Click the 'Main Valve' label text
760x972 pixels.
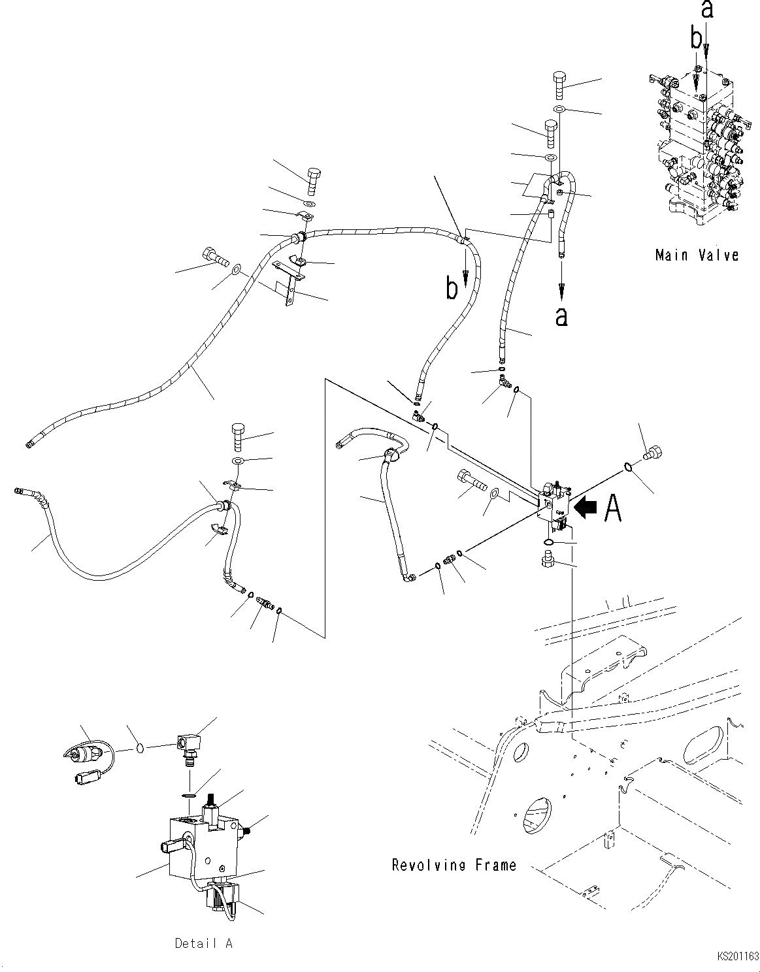(697, 255)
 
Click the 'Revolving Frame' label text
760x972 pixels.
(454, 865)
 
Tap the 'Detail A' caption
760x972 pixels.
(203, 943)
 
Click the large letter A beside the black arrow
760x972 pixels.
(612, 508)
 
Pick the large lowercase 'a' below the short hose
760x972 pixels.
(561, 316)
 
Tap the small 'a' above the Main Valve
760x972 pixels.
(706, 9)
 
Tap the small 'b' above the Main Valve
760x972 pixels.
(697, 39)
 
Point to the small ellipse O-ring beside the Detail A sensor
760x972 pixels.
(139, 746)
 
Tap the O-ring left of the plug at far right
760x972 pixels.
(626, 467)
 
